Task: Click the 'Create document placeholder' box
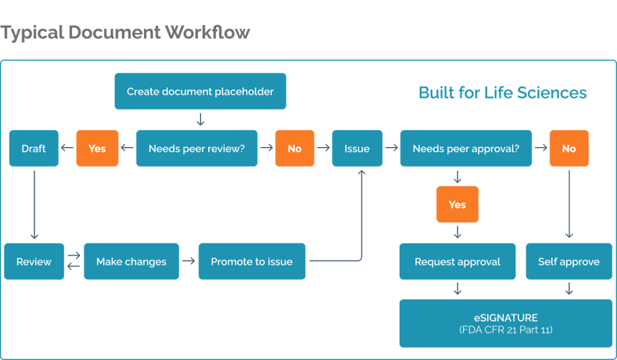pos(200,92)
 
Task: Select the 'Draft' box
pos(34,148)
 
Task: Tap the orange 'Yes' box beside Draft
pos(97,148)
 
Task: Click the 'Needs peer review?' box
pos(196,148)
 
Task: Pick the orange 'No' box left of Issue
pos(294,148)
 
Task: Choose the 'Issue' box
pos(357,148)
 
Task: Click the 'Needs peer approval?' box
pos(465,148)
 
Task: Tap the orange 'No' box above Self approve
pos(569,148)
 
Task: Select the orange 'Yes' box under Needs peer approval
pos(457,204)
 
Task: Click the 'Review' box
pos(34,261)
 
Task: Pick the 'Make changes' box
pos(131,261)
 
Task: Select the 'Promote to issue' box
pos(251,261)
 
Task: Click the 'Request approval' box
pos(457,261)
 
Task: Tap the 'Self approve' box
pos(569,261)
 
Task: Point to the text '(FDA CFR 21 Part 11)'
pos(505,330)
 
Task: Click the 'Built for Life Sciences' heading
pos(502,92)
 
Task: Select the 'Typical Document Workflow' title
pos(125,32)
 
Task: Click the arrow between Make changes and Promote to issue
pos(188,261)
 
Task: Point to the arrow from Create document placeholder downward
pos(200,119)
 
